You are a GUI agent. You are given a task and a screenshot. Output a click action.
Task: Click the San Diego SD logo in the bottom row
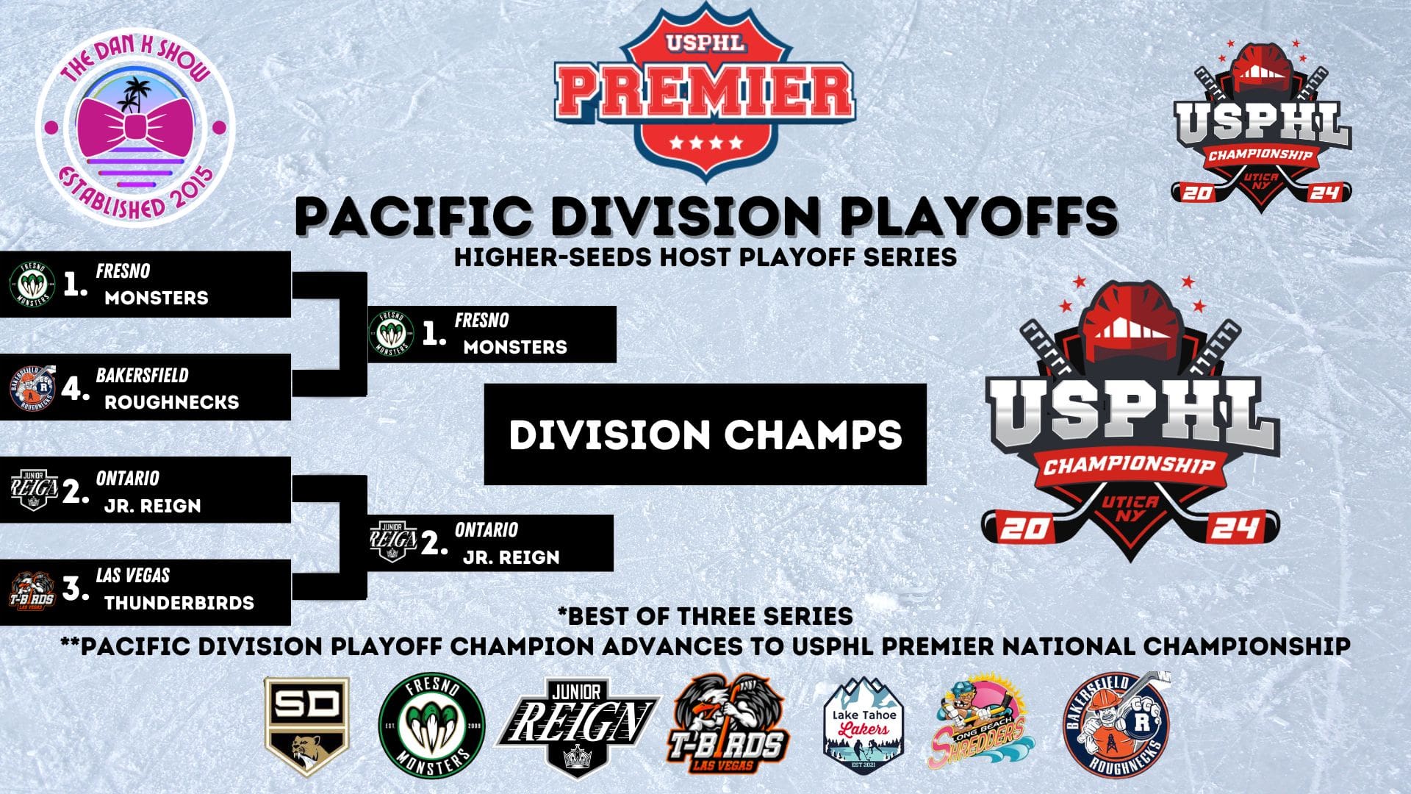pyautogui.click(x=306, y=726)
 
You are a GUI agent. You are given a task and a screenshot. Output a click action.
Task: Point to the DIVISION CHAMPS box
pyautogui.click(x=705, y=434)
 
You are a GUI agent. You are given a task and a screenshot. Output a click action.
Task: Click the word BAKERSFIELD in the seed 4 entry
pyautogui.click(x=142, y=375)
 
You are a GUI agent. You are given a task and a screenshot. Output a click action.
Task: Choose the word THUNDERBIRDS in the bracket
pyautogui.click(x=179, y=603)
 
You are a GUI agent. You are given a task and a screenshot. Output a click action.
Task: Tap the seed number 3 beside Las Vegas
pyautogui.click(x=74, y=588)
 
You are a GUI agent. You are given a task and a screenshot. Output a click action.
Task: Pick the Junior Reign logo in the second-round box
pyautogui.click(x=393, y=542)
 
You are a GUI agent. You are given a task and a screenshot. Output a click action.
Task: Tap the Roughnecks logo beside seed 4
pyautogui.click(x=32, y=386)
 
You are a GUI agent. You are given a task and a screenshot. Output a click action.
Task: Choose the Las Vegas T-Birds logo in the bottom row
pyautogui.click(x=728, y=724)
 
